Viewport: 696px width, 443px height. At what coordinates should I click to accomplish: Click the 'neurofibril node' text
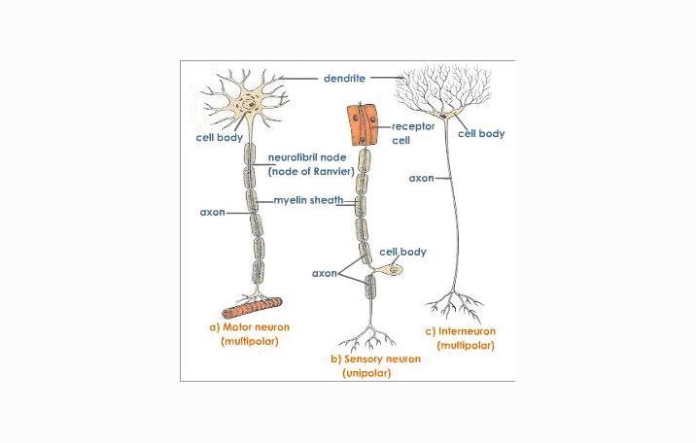click(x=306, y=157)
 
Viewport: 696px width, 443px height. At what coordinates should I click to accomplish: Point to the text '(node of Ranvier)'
click(x=310, y=171)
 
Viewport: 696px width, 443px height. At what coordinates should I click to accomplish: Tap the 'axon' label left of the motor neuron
click(x=212, y=212)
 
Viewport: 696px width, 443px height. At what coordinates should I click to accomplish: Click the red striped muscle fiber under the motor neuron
click(x=252, y=308)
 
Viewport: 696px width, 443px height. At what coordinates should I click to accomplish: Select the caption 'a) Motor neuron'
click(x=250, y=327)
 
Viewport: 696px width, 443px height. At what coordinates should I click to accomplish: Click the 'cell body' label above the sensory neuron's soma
click(x=402, y=252)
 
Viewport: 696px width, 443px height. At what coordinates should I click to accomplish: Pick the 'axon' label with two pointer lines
click(x=324, y=273)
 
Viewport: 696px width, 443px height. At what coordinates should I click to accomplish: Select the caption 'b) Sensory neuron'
click(x=376, y=358)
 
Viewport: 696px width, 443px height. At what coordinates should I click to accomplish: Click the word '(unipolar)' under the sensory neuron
click(x=367, y=373)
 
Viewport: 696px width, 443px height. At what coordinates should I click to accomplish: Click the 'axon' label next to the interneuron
click(x=421, y=179)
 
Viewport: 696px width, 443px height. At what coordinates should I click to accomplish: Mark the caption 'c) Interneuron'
click(x=466, y=331)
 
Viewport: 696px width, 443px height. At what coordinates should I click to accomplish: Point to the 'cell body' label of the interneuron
click(x=481, y=134)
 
